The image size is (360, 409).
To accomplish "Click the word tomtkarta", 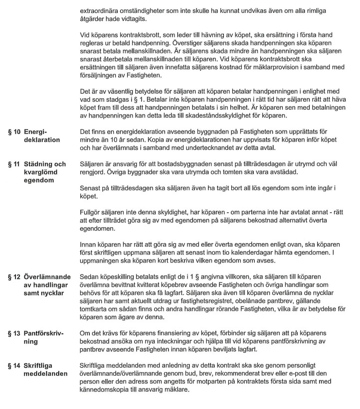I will [x=95, y=309].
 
